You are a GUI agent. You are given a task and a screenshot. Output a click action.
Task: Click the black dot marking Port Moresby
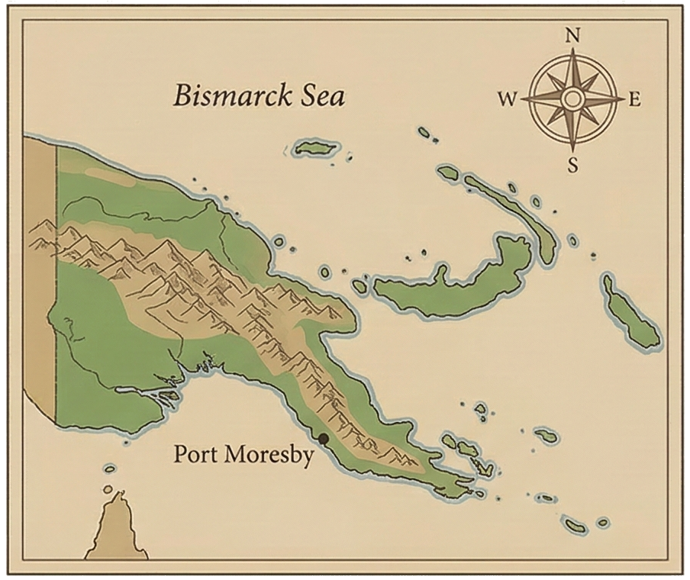click(x=324, y=438)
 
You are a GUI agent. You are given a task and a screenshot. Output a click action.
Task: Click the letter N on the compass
click(x=572, y=35)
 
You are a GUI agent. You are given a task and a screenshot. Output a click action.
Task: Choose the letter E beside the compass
click(x=634, y=99)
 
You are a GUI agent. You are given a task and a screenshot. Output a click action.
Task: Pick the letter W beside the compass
click(x=508, y=99)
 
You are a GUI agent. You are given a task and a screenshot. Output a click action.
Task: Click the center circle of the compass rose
click(x=572, y=98)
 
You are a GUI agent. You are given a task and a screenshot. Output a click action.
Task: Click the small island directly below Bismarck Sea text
click(x=314, y=148)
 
